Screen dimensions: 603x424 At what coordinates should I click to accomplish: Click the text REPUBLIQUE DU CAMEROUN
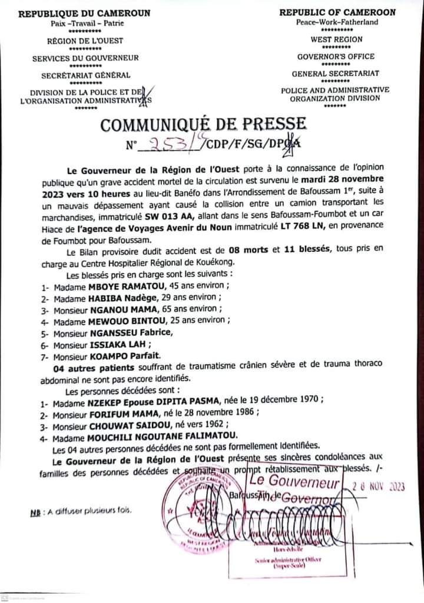click(x=84, y=13)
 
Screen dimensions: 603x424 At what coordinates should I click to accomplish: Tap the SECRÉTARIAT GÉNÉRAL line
click(x=86, y=75)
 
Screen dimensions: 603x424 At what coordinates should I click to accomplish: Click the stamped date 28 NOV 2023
click(x=377, y=486)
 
